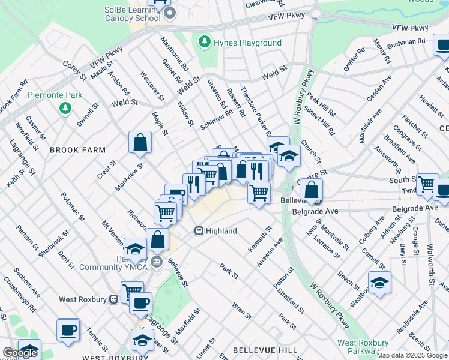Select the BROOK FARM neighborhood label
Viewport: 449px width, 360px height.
77,150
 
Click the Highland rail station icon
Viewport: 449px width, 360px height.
199,231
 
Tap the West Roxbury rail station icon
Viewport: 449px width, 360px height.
113,299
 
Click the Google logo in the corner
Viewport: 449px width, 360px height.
19,353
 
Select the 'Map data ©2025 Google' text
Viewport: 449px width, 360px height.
412,355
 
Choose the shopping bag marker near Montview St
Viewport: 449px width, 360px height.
140,143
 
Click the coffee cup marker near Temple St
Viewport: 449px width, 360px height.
68,329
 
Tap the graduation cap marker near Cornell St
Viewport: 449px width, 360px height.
379,283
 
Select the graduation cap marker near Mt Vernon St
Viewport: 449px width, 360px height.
135,248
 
